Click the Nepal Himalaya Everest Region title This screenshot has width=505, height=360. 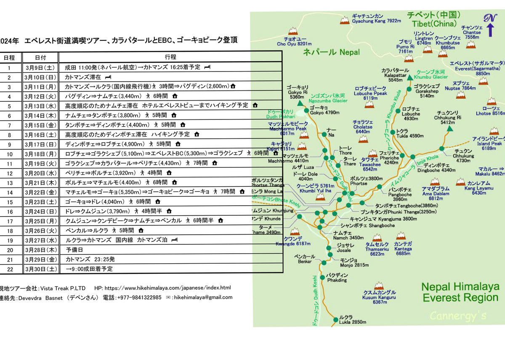pos(460,292)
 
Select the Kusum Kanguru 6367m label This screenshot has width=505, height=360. pos(380,297)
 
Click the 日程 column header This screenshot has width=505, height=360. pos(9,57)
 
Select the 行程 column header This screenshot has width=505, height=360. pos(170,57)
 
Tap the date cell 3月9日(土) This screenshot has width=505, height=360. pos(40,67)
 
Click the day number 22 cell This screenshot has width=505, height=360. pos(9,269)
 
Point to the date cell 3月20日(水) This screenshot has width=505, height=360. pos(40,173)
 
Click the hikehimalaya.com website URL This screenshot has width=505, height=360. pos(167,288)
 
